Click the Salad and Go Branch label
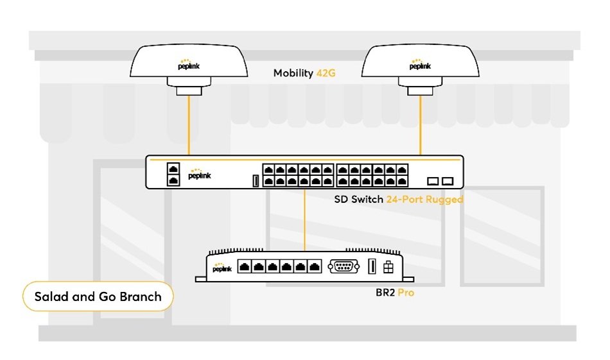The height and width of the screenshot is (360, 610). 97,296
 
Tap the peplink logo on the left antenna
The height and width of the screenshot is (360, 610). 188,65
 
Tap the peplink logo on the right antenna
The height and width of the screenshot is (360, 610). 420,65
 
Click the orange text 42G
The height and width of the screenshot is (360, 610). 326,73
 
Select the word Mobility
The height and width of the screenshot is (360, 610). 293,73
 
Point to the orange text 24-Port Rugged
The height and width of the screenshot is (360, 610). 424,200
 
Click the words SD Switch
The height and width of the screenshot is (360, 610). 358,200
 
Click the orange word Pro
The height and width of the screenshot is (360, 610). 405,293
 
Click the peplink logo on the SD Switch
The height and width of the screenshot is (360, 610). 199,175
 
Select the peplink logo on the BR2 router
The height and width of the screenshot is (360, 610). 222,267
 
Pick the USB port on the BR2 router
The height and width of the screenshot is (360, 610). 371,267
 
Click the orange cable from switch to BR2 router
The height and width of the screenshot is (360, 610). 305,218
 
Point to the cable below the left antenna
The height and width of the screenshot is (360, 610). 189,125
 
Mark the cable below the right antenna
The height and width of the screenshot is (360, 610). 420,125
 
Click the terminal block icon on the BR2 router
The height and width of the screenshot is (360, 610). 388,267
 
